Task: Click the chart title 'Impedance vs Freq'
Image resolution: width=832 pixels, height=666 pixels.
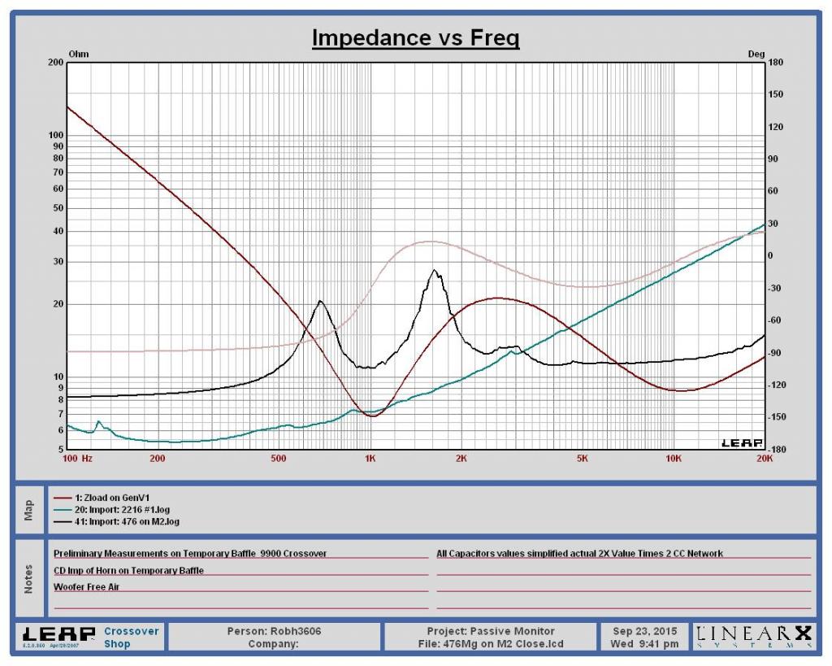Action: tap(415, 38)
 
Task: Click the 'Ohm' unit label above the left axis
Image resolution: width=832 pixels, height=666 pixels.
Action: tap(78, 54)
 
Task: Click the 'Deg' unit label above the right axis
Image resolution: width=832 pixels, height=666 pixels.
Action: tap(756, 54)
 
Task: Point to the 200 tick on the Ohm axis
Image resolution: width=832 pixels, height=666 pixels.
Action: tap(56, 63)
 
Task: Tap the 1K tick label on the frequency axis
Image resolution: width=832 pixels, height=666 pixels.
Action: tap(370, 458)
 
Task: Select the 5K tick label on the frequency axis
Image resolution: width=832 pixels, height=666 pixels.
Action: tap(582, 458)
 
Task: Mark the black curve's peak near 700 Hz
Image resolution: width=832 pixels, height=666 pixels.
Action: tap(320, 302)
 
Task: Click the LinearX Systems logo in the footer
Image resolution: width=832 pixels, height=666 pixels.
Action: tap(752, 636)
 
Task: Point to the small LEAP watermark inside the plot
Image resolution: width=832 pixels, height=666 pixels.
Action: tap(741, 443)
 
